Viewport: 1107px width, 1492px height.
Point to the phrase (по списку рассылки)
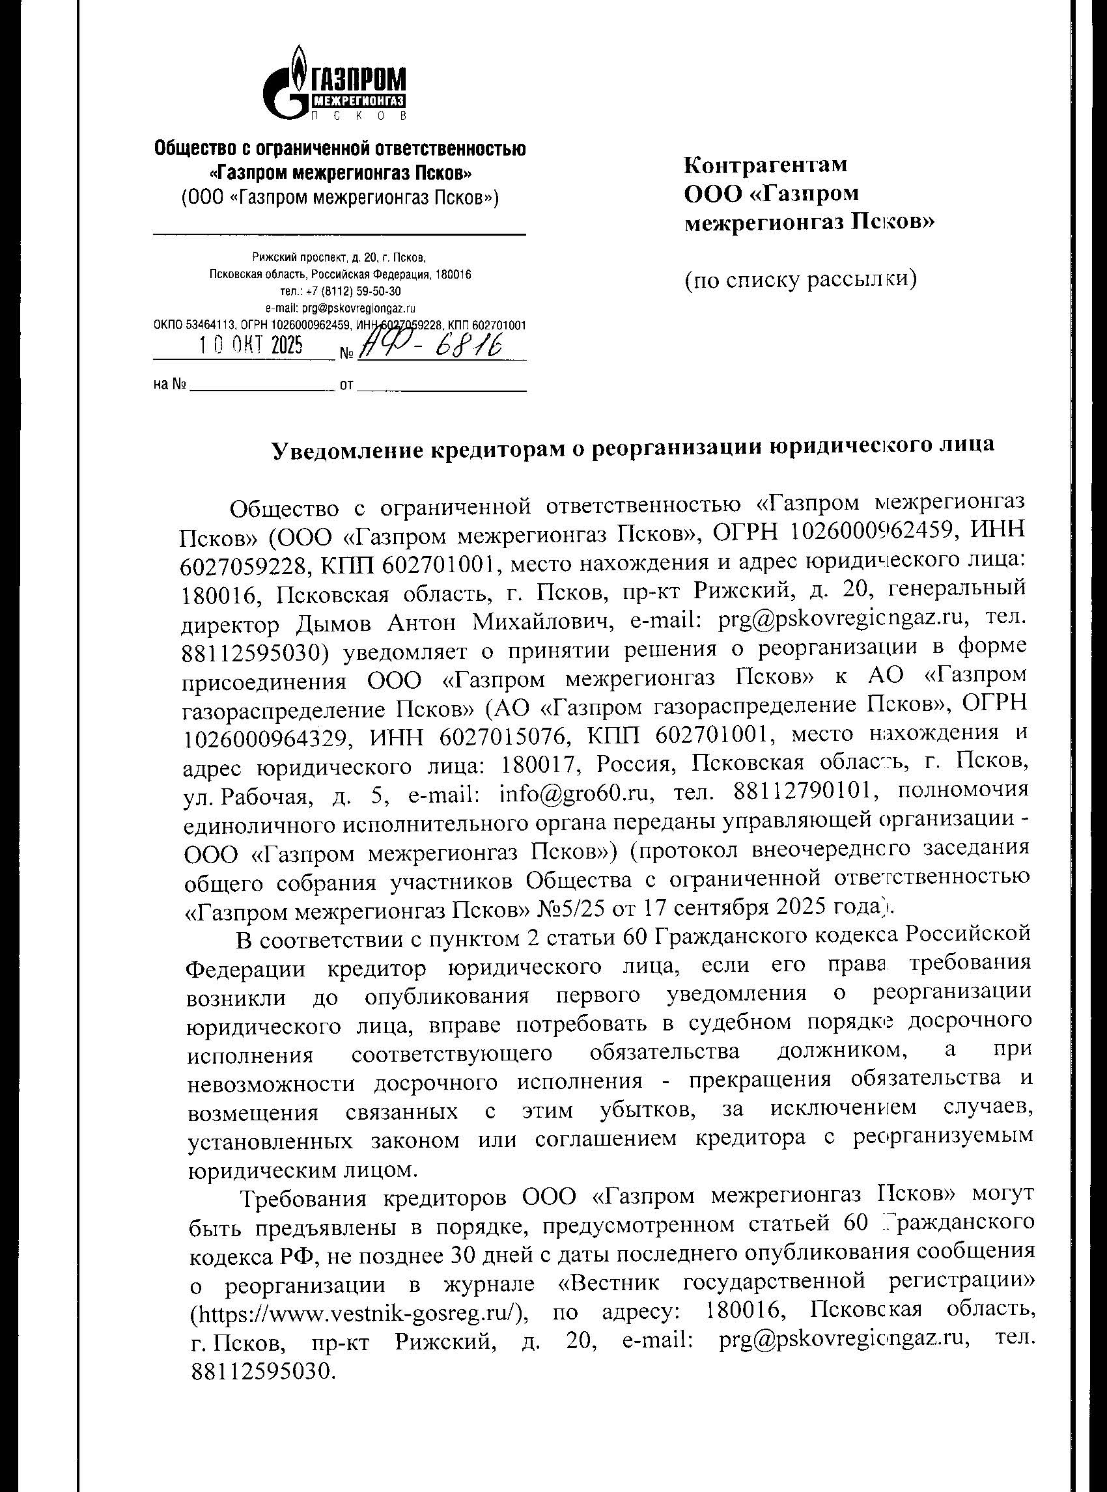[800, 280]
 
